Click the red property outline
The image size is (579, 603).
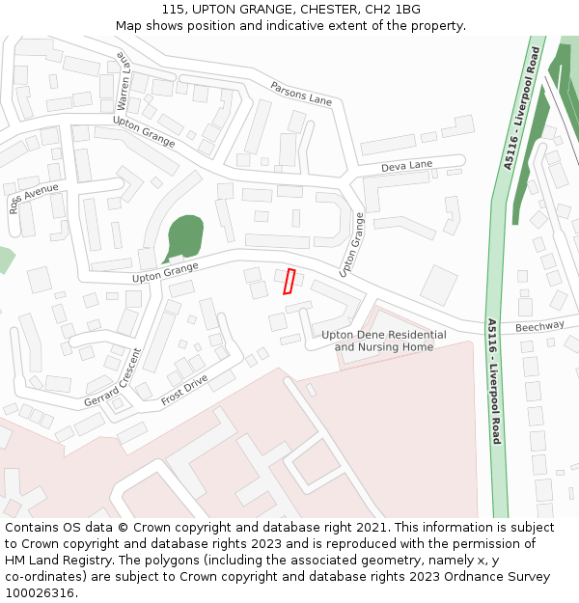289,281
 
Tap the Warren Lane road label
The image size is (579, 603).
123,80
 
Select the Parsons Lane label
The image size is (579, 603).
301,95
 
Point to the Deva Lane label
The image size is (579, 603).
406,166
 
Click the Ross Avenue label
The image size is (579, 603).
34,197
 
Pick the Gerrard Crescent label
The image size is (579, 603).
112,377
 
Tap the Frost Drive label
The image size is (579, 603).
184,391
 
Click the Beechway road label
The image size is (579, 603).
538,327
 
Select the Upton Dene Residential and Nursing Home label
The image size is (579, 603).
383,341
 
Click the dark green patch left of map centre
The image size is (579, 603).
183,237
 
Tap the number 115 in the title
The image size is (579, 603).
173,10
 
